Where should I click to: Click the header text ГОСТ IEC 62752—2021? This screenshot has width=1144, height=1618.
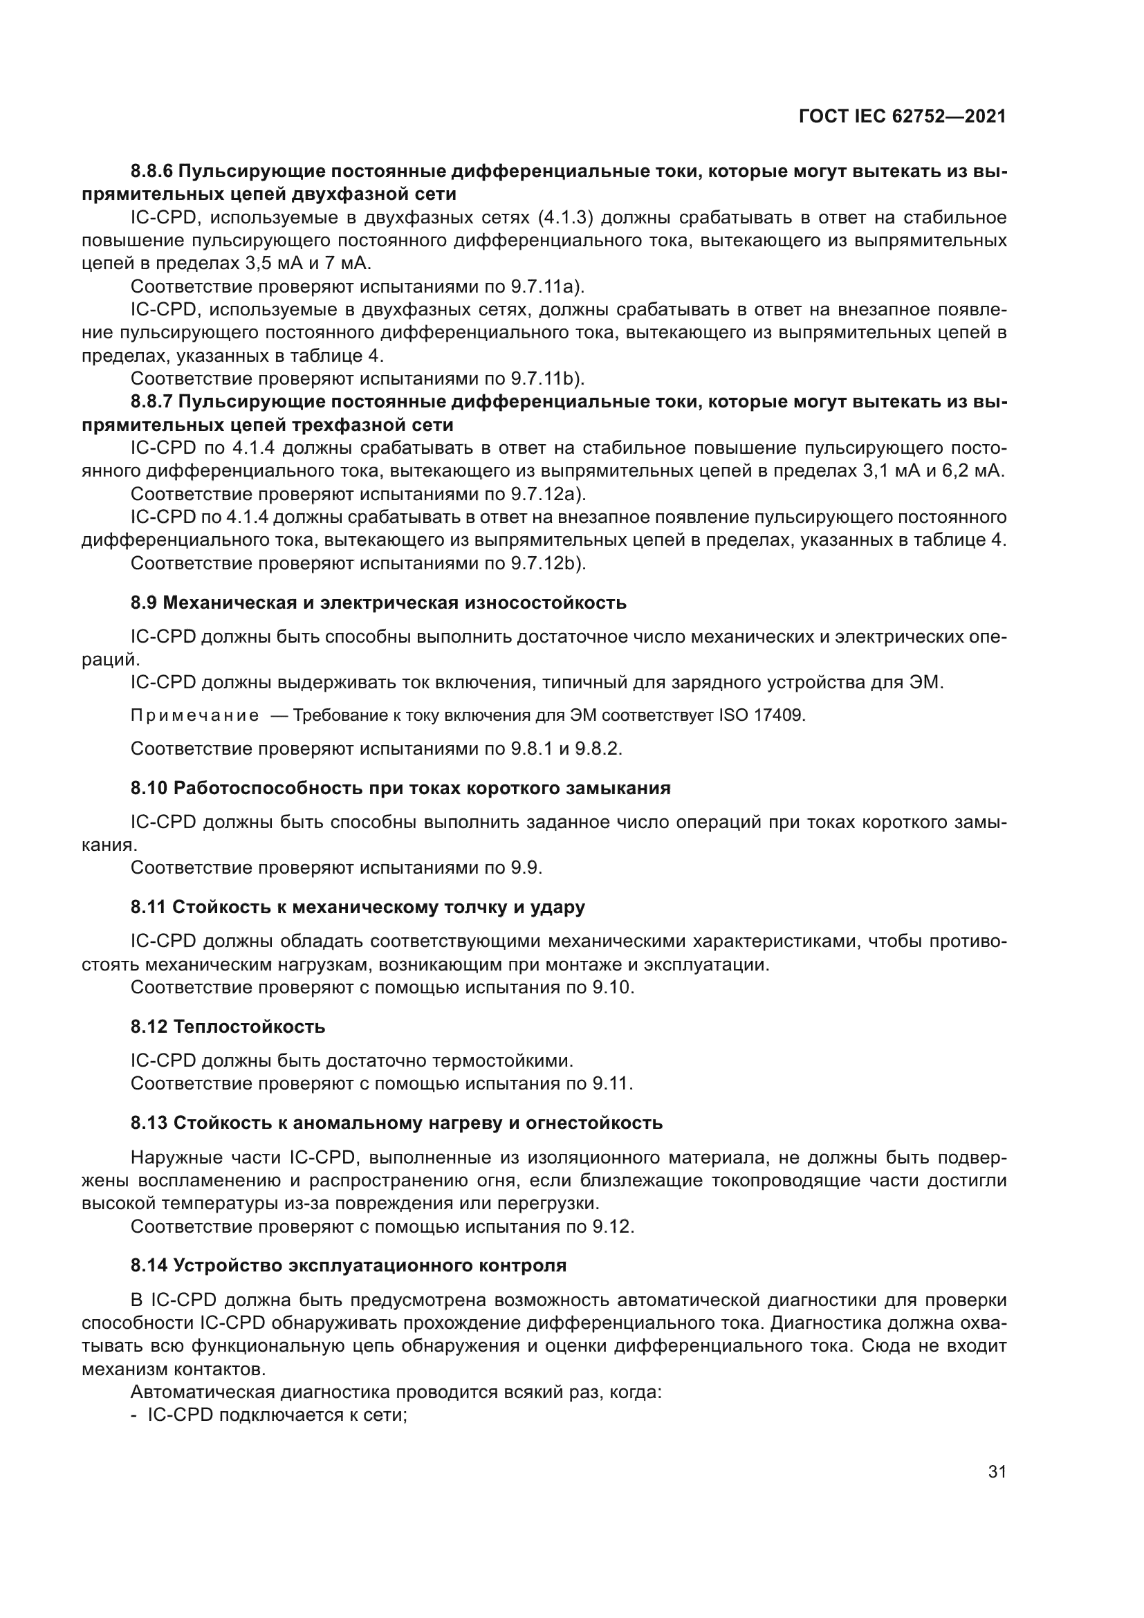click(903, 117)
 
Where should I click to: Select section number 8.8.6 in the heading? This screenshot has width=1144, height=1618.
click(151, 172)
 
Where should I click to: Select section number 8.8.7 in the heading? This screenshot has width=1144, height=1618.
click(151, 403)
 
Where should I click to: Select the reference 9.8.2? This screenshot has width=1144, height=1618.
click(599, 748)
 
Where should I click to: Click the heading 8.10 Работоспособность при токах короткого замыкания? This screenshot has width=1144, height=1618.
click(400, 789)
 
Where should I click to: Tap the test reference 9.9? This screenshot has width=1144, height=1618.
click(526, 867)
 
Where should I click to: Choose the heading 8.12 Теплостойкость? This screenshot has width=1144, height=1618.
click(228, 1027)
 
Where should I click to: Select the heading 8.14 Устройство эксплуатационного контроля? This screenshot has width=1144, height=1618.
click(348, 1266)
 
